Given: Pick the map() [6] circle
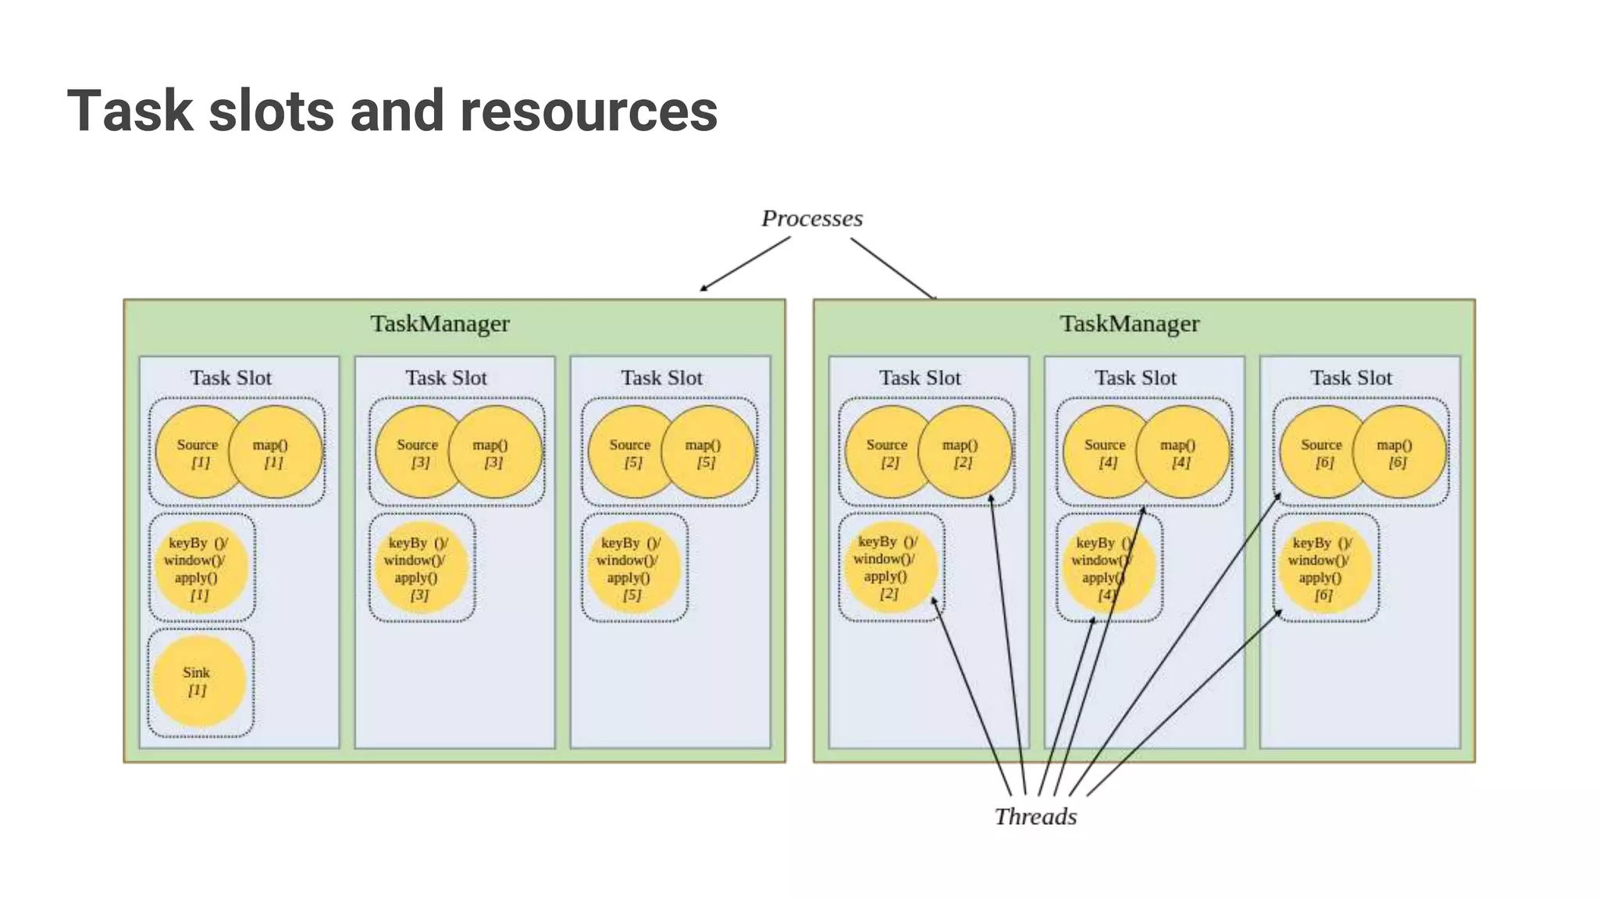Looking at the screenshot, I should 1399,452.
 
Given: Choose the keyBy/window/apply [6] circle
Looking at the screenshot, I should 1324,568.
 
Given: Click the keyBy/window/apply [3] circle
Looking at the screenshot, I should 421,568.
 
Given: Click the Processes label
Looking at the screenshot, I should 812,219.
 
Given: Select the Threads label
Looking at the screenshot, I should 1035,816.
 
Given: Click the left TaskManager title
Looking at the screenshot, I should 440,324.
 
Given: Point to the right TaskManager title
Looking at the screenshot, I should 1129,324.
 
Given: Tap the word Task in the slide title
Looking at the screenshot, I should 130,111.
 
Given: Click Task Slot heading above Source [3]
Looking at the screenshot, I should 446,378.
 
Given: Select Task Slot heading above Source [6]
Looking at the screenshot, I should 1351,378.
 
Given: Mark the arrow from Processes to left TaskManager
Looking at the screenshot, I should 745,264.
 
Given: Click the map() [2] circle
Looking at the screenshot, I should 965,452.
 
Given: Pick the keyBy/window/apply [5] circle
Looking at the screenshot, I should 633,568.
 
